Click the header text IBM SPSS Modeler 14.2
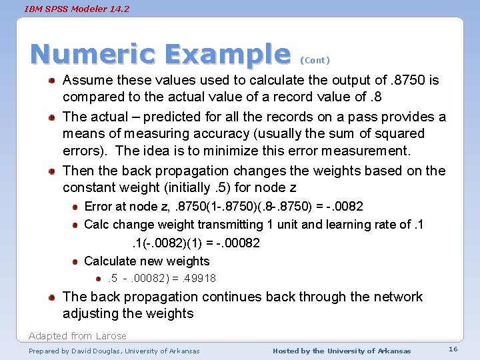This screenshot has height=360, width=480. click(77, 9)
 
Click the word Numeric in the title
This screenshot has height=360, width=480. click(87, 55)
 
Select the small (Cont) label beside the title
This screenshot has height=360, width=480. click(315, 60)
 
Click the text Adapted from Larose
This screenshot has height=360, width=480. click(77, 335)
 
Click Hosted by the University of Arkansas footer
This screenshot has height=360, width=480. click(342, 351)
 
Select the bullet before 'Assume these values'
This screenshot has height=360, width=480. click(51, 81)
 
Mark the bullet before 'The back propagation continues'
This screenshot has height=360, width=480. click(51, 297)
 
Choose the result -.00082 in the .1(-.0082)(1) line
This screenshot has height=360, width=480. click(238, 243)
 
